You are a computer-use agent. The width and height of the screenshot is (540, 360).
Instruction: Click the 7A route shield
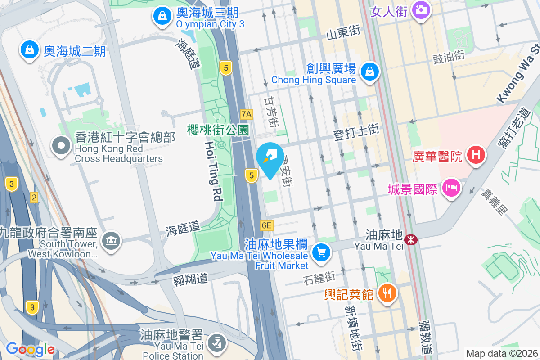(x=246, y=114)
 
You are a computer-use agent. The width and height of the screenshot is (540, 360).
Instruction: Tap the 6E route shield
(x=266, y=225)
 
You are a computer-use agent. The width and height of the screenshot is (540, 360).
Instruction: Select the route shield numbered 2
(x=34, y=197)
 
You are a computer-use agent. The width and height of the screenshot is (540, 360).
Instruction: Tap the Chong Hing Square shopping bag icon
(x=369, y=71)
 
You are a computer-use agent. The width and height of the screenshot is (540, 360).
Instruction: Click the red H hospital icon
(x=476, y=156)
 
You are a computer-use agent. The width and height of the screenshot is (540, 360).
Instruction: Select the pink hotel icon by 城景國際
(x=451, y=187)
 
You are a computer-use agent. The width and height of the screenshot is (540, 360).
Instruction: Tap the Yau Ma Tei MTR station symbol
(x=410, y=239)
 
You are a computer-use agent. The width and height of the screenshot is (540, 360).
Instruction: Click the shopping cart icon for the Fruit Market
(x=321, y=253)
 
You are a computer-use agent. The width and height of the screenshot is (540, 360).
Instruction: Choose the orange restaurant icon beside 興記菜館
(x=386, y=293)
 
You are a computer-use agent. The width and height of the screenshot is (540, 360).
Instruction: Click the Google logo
(x=30, y=349)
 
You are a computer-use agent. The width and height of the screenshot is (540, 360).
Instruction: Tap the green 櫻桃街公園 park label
(x=218, y=130)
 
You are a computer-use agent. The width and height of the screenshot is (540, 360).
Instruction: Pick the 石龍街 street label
(x=319, y=279)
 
